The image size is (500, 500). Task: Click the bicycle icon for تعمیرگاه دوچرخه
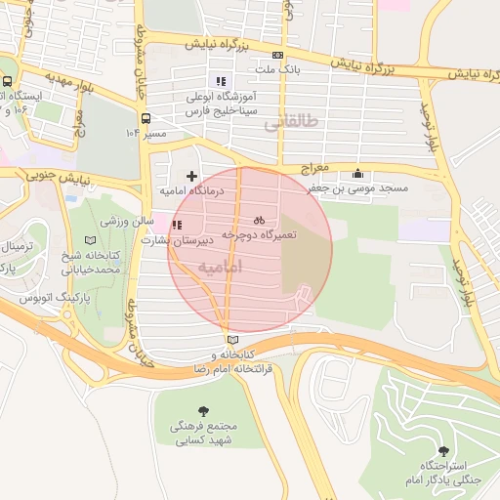[260, 220]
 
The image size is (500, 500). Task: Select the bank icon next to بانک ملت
[278, 55]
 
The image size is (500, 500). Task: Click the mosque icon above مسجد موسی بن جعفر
[367, 173]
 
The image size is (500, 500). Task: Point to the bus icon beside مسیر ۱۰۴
[146, 118]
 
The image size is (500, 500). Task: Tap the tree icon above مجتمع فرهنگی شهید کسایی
[203, 411]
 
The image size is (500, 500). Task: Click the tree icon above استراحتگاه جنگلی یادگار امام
[444, 451]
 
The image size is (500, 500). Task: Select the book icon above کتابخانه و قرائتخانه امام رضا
[230, 339]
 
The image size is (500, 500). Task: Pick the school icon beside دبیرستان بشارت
[176, 225]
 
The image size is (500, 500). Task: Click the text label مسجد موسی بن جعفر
[367, 187]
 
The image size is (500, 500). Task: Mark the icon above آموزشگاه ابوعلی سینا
[221, 81]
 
